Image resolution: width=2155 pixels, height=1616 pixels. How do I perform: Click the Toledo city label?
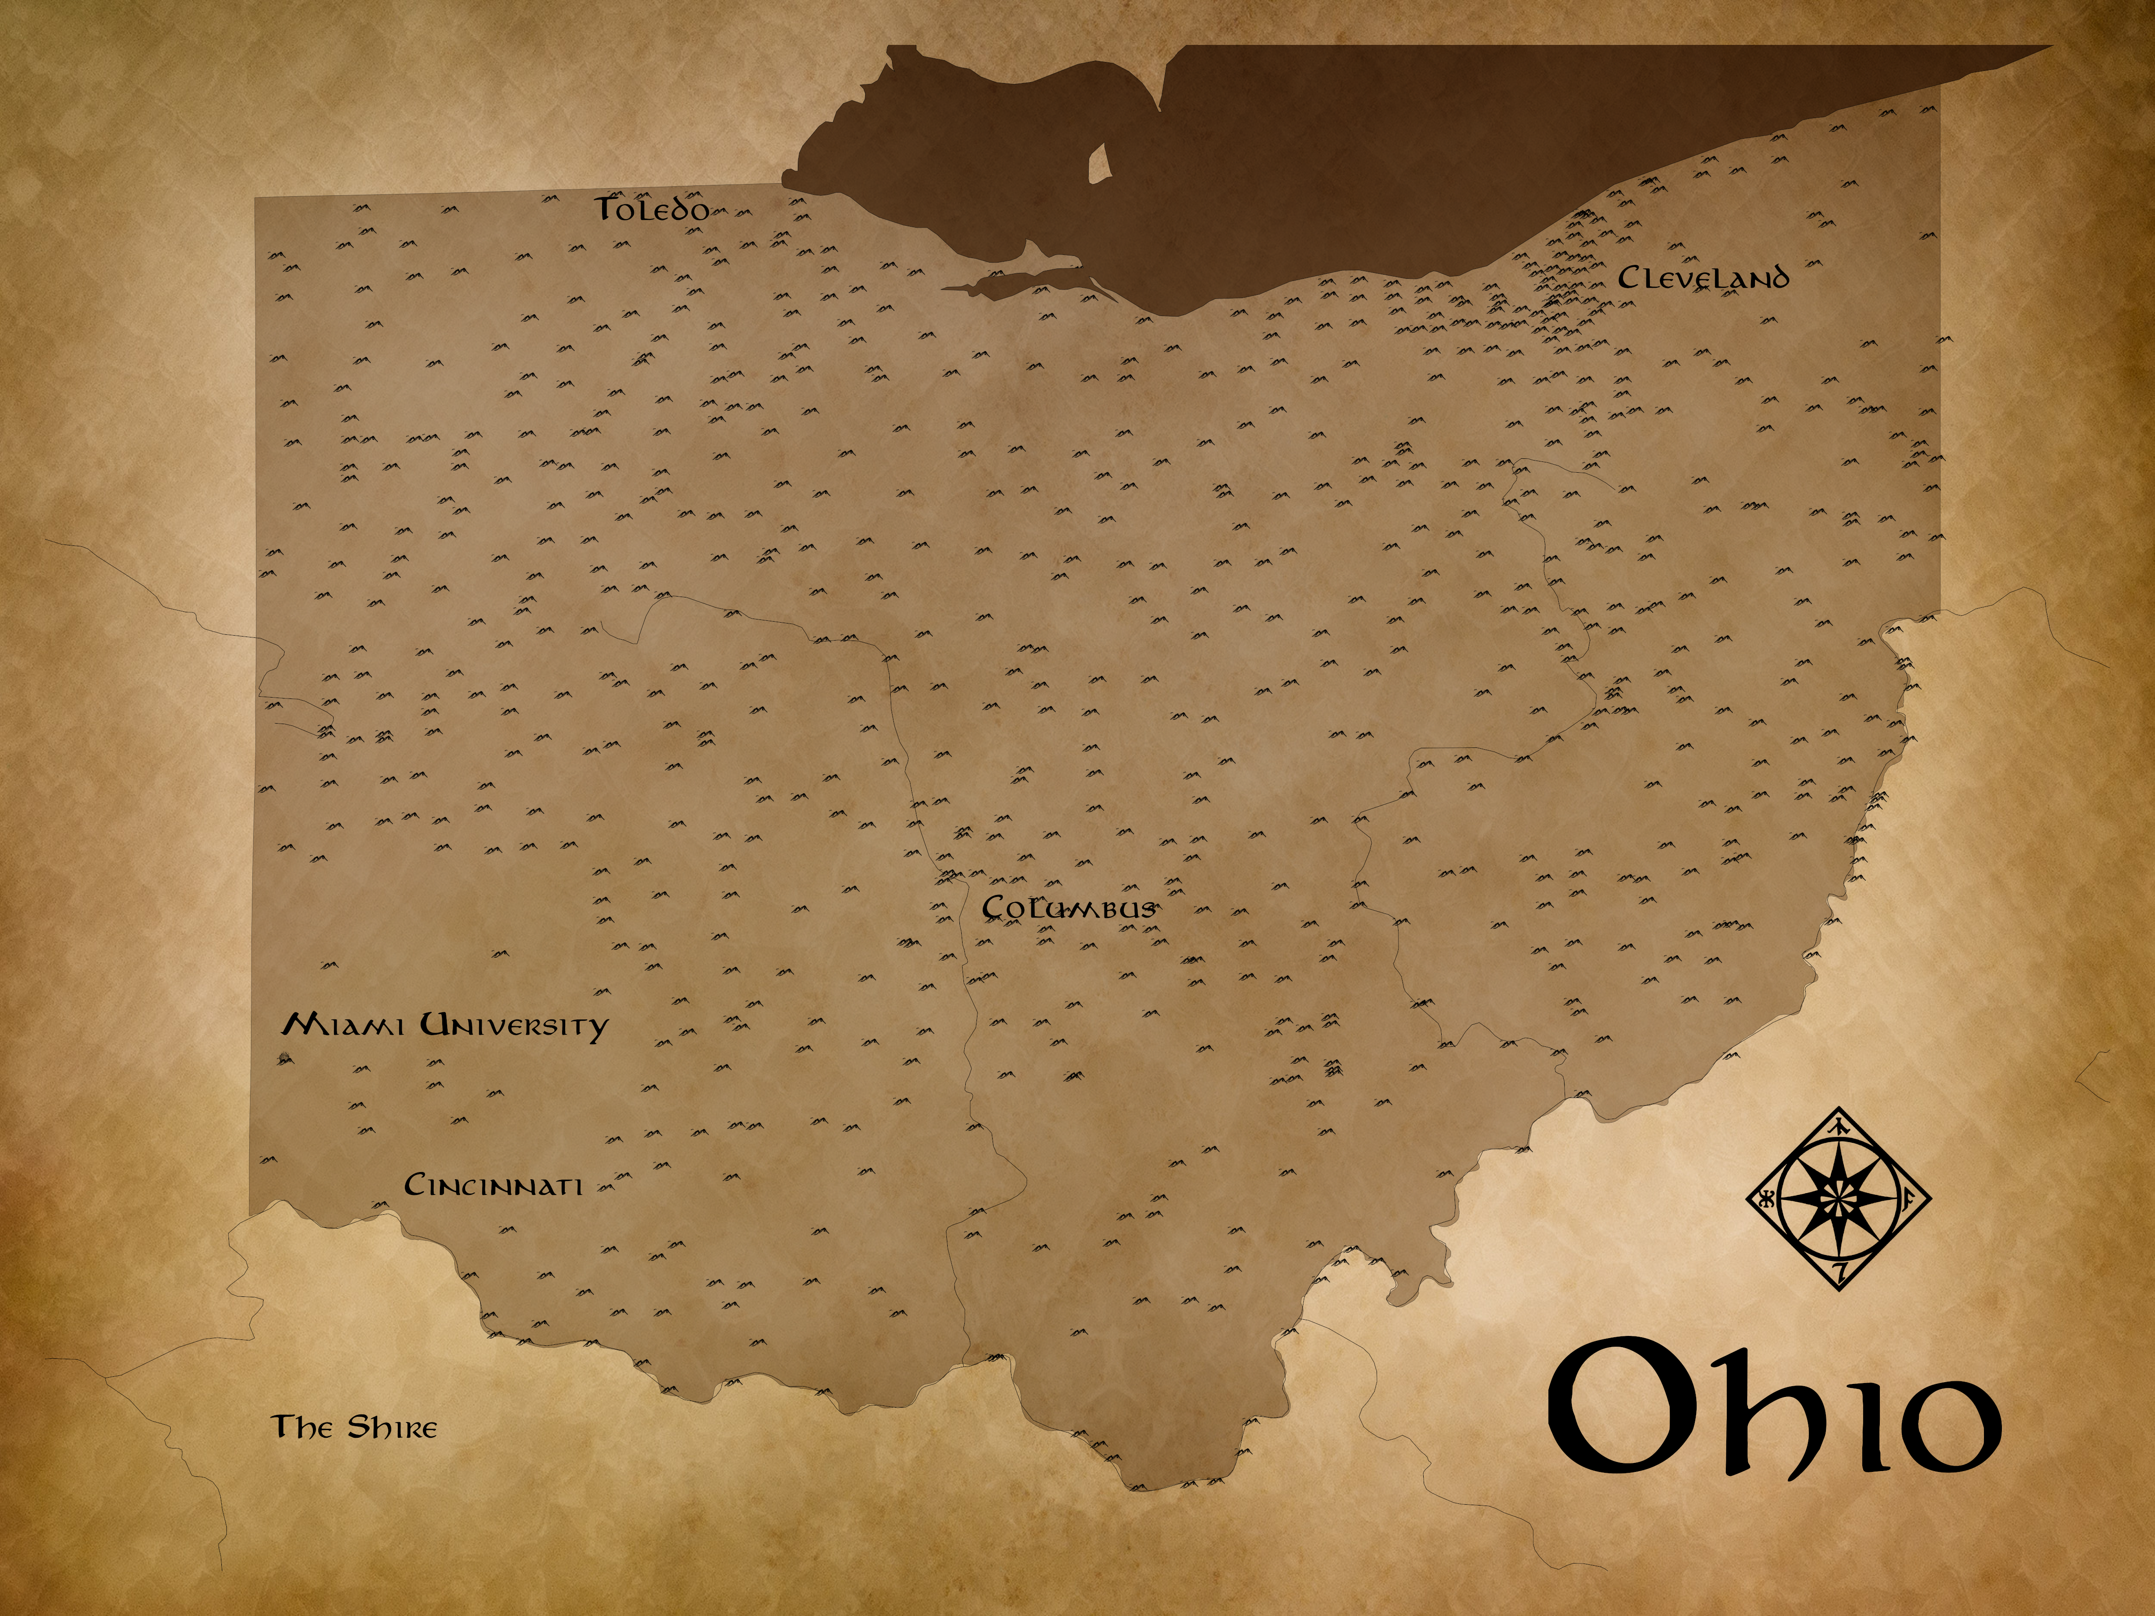tap(652, 210)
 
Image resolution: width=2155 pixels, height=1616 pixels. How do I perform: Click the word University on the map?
tap(515, 1027)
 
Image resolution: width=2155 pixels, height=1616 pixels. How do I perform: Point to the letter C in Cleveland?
tap(1628, 277)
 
